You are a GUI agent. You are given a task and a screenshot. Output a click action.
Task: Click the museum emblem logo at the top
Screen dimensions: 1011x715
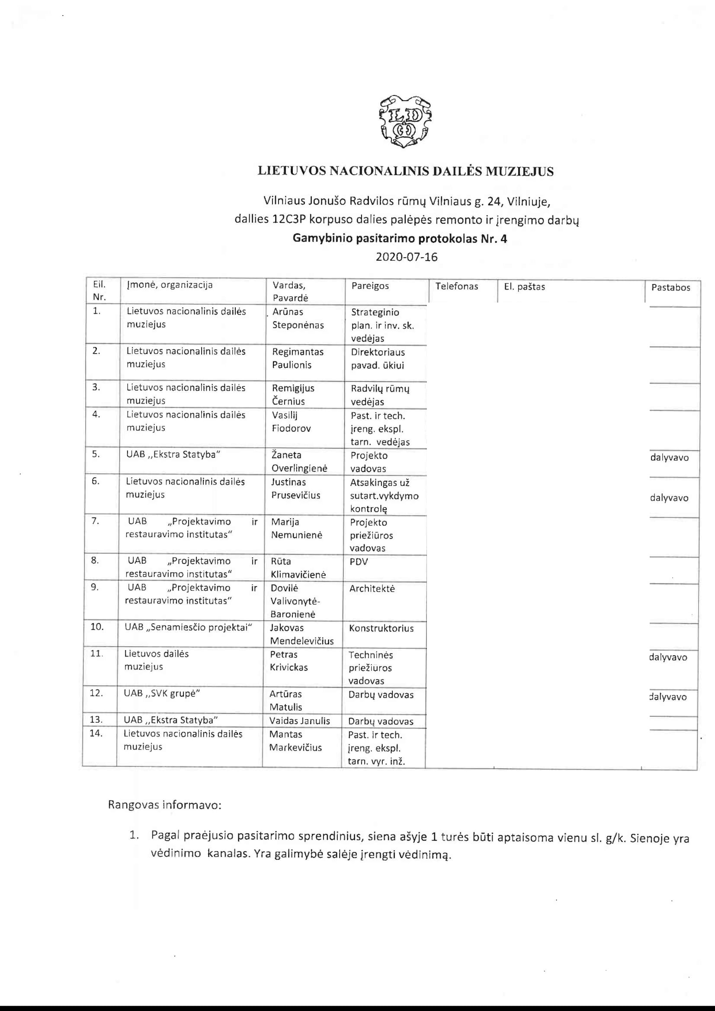[405, 121]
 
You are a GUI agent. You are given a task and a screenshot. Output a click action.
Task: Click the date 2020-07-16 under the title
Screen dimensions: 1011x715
[406, 257]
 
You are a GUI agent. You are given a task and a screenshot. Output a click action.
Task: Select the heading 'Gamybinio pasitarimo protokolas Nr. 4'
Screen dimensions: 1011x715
[400, 239]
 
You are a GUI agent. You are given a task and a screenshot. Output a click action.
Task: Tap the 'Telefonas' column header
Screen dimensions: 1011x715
[456, 286]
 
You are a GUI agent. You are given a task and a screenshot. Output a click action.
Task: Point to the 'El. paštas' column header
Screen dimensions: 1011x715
[524, 287]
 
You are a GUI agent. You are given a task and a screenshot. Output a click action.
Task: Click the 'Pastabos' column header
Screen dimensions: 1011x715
[670, 287]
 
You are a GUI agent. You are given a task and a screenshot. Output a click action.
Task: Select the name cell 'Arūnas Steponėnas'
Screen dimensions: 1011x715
[298, 319]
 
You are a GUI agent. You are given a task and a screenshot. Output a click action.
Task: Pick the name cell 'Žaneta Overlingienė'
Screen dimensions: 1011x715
[299, 462]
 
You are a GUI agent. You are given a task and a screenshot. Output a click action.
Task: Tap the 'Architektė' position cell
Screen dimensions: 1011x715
[372, 589]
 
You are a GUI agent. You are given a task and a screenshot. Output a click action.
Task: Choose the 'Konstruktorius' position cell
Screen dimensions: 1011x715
[381, 628]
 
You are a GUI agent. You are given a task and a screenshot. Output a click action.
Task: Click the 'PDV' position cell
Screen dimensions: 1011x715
[359, 562]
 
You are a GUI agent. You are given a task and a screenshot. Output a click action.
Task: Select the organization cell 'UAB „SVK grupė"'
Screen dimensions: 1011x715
[162, 693]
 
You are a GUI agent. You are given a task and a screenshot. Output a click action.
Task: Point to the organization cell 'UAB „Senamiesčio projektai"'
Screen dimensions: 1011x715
[188, 628]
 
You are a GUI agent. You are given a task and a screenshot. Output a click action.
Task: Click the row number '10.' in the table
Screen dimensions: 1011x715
[97, 627]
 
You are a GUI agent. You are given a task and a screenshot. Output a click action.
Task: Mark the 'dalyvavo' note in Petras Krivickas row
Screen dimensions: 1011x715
[668, 657]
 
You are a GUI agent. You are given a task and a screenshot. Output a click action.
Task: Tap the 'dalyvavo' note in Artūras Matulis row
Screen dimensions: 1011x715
[668, 697]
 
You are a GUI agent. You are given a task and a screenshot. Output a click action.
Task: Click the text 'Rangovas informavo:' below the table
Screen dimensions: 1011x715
[164, 805]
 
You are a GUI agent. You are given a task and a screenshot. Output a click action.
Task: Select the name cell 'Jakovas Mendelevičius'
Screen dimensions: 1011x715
[301, 634]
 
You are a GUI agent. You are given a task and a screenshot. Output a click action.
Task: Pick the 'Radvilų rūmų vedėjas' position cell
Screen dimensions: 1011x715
[380, 395]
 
